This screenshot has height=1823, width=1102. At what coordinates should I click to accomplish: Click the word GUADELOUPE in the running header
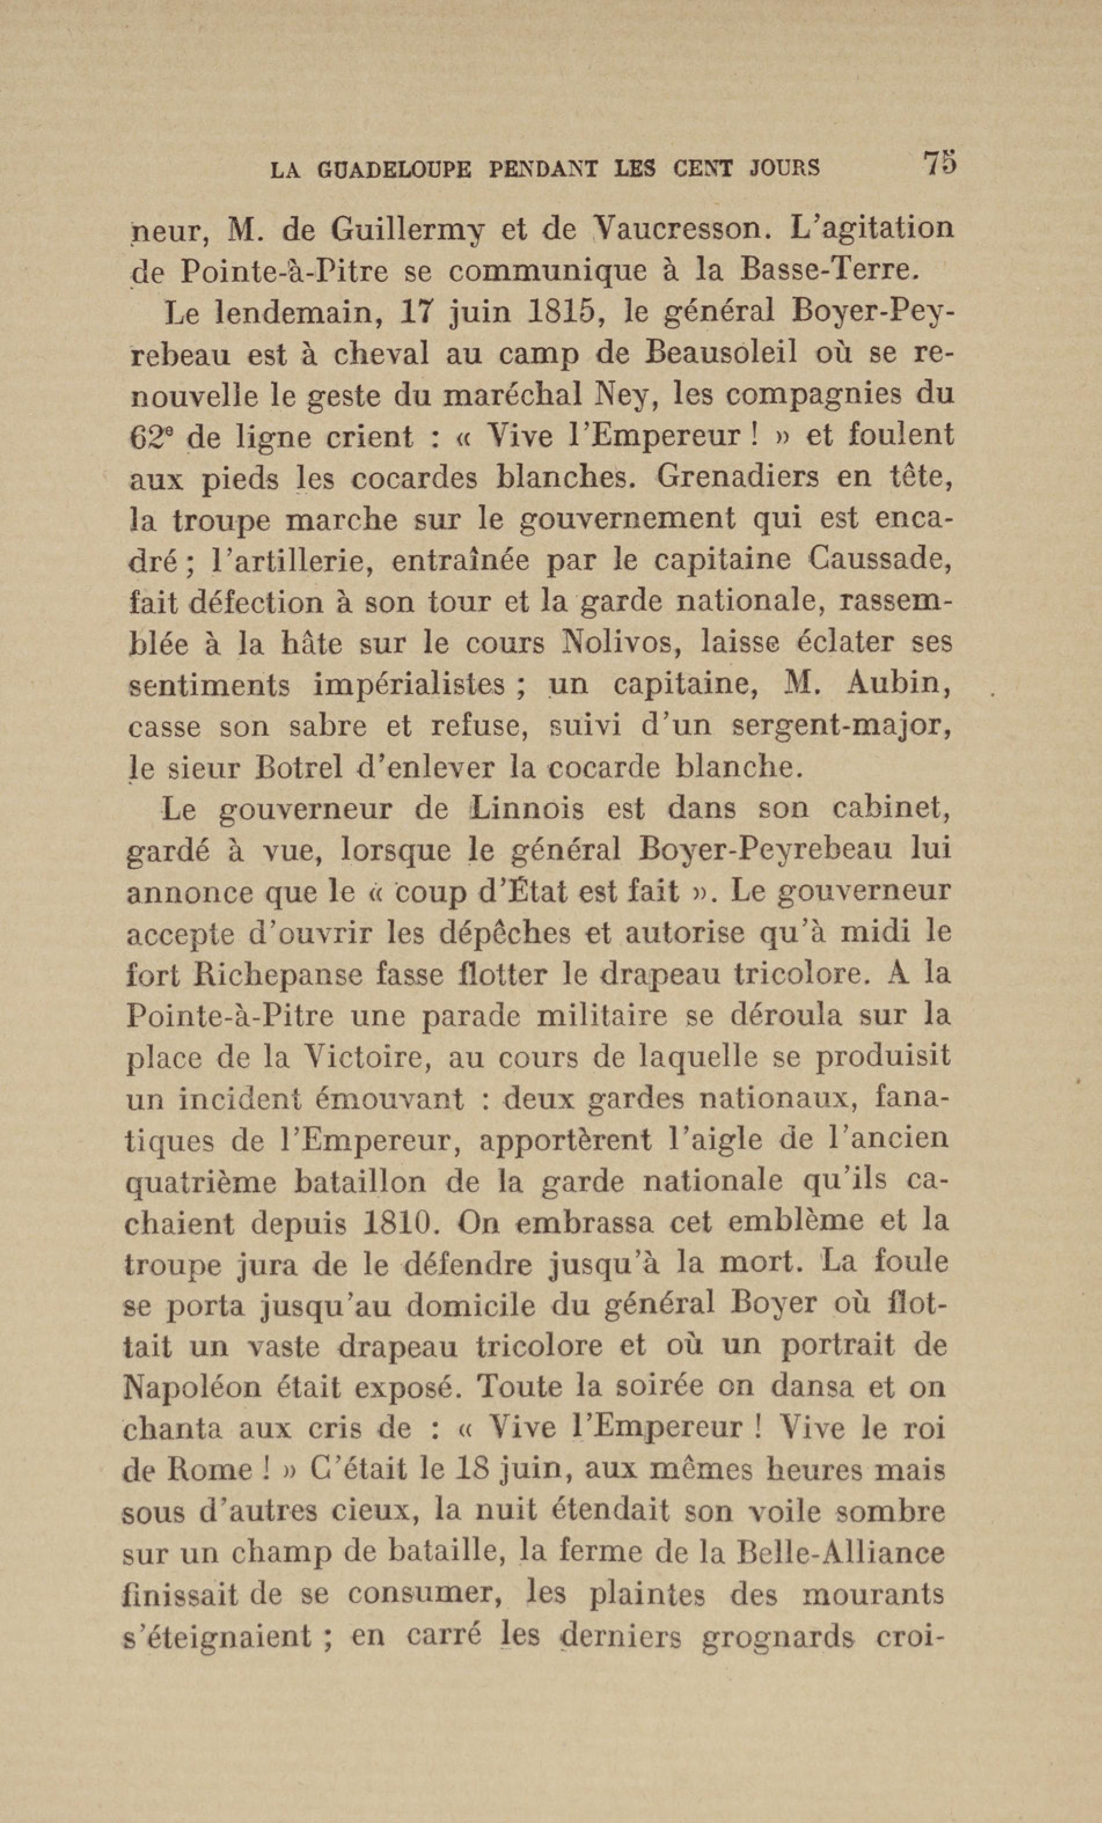394,170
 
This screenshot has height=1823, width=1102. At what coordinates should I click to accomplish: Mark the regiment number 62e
152,437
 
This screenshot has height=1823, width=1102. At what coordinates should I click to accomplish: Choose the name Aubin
899,684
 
